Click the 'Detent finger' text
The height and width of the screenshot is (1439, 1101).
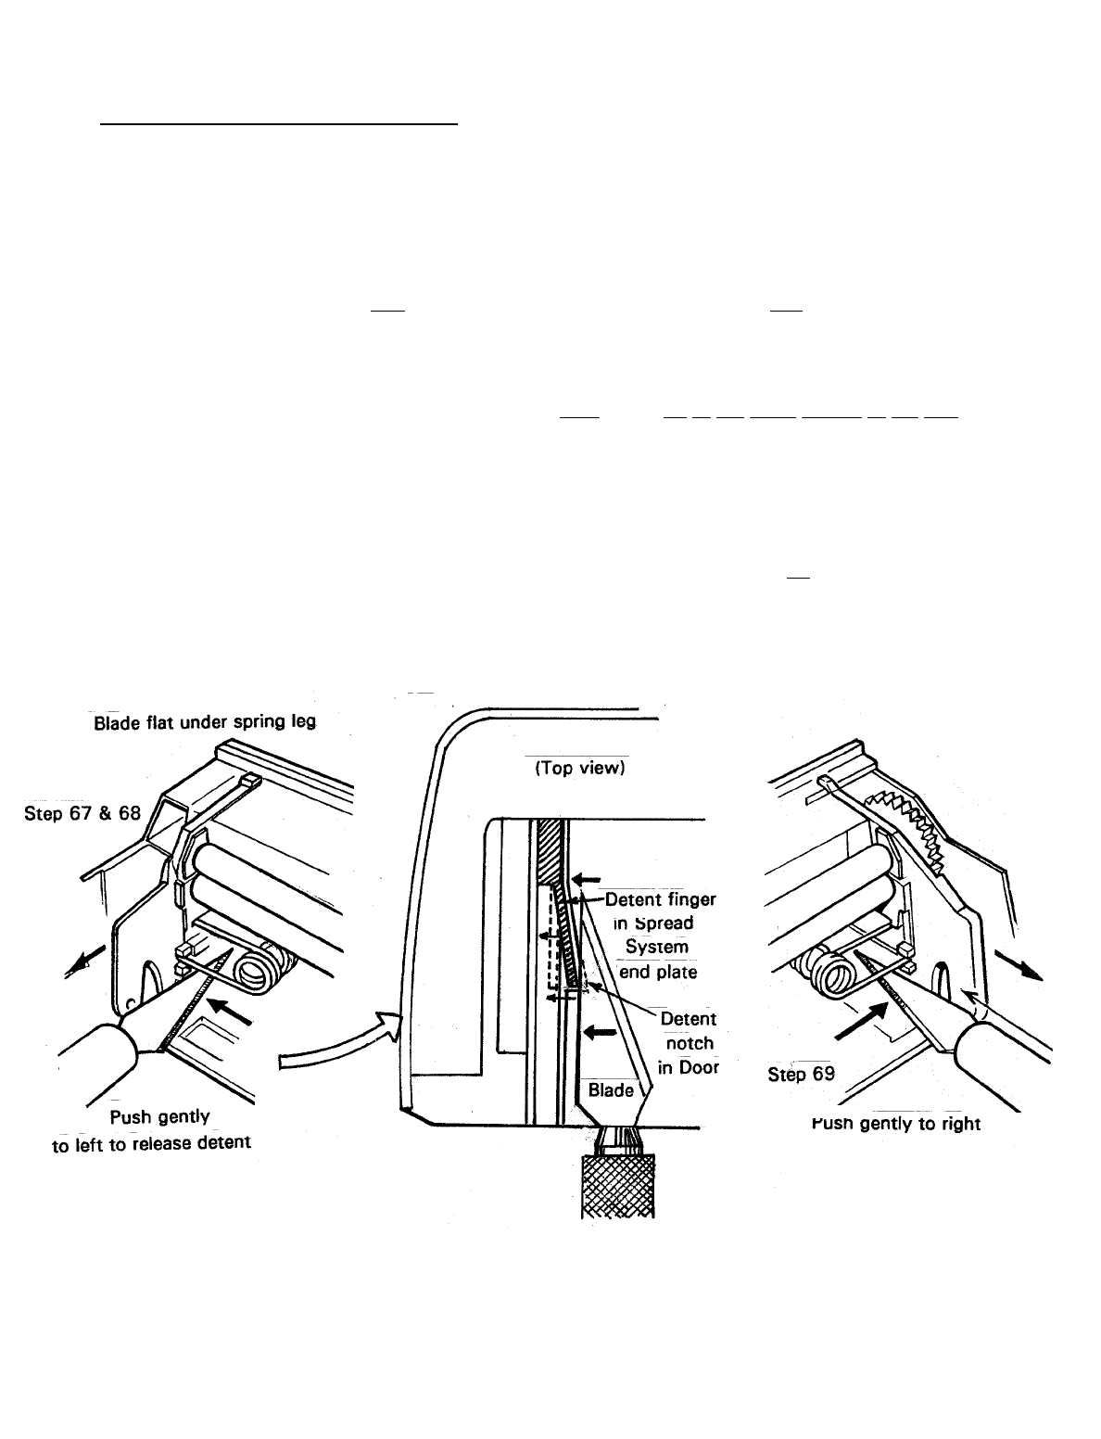[661, 898]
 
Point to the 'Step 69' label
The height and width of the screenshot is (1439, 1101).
[802, 1075]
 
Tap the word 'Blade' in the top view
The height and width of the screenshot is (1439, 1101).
[611, 1089]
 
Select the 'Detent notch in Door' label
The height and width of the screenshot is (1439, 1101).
[689, 1043]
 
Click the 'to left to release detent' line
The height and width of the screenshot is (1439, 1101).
[151, 1142]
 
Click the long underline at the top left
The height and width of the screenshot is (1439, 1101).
[279, 121]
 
